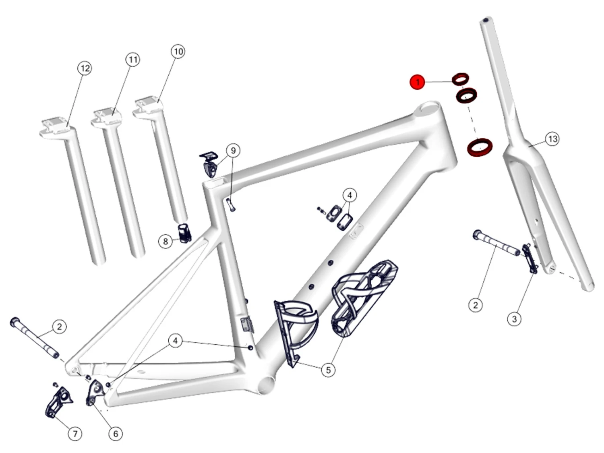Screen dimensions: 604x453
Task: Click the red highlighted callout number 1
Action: (x=418, y=82)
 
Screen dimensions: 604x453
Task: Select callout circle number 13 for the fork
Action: (x=552, y=139)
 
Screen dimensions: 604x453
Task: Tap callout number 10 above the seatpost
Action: (x=178, y=52)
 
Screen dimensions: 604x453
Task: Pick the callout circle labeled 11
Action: (x=133, y=60)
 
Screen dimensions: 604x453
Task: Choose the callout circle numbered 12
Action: (x=85, y=68)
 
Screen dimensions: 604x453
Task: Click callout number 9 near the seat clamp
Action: (x=233, y=151)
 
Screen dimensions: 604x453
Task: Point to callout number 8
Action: (x=165, y=242)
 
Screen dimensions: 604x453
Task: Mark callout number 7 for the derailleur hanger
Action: (x=75, y=434)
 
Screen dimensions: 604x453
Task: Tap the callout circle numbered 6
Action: (x=116, y=434)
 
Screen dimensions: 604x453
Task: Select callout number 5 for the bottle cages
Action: (x=328, y=370)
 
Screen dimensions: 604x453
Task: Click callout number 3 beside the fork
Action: (x=514, y=319)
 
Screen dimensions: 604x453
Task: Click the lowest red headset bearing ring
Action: (x=480, y=147)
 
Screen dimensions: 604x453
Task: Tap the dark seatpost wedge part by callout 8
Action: (x=185, y=233)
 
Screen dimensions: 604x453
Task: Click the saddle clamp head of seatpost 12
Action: (x=57, y=127)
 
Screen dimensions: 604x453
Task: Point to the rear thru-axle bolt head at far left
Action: (x=14, y=322)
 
